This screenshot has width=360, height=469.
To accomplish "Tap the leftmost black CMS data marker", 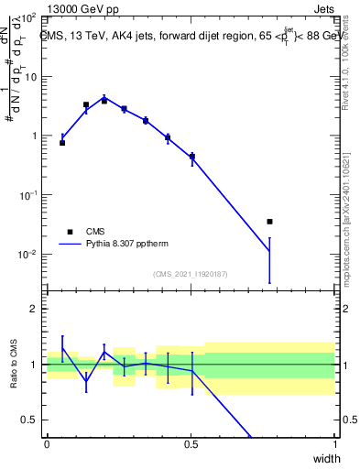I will pyautogui.click(x=62, y=143).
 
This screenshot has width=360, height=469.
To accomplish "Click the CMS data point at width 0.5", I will pyautogui.click(x=192, y=157).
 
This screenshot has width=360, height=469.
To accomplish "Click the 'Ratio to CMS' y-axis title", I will pyautogui.click(x=13, y=365).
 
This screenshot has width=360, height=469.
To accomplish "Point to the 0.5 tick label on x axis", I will pyautogui.click(x=191, y=445).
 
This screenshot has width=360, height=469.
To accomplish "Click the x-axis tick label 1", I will pyautogui.click(x=335, y=445).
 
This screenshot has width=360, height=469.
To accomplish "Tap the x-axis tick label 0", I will pyautogui.click(x=47, y=445).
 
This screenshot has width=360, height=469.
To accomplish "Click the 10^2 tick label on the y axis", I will pyautogui.click(x=27, y=17).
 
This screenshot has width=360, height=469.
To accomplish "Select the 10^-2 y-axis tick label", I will pyautogui.click(x=27, y=255).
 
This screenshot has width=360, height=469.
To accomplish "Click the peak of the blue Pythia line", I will pyautogui.click(x=104, y=97).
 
